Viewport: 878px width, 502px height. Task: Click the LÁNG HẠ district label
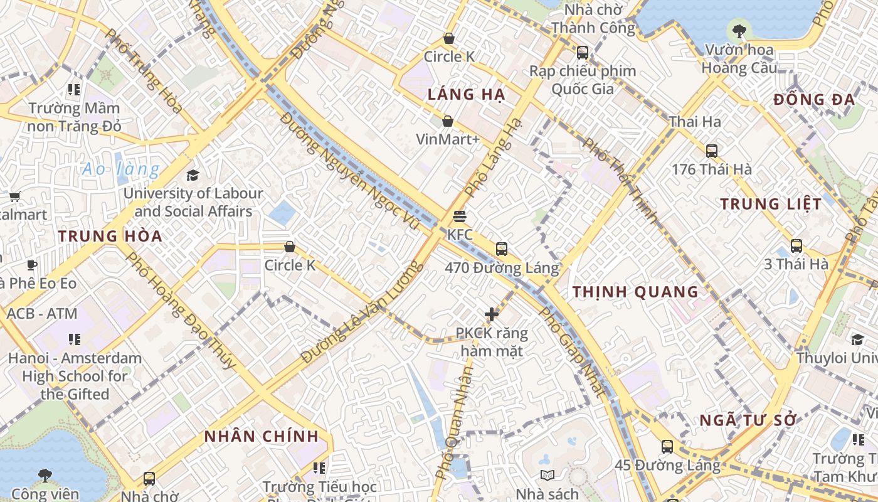tap(466, 95)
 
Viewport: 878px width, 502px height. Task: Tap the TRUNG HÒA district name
tap(110, 237)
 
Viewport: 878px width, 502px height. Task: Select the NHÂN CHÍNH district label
tap(262, 436)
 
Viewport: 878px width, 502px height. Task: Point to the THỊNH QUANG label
tap(635, 292)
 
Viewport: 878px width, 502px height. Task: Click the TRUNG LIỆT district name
tap(770, 204)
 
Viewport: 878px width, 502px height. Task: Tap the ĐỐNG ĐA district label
tap(814, 100)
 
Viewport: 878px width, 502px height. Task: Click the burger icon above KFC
tap(460, 217)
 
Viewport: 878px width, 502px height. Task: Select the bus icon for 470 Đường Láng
tap(501, 249)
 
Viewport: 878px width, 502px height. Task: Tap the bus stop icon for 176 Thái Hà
tap(711, 151)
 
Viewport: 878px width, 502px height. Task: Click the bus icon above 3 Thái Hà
tap(796, 246)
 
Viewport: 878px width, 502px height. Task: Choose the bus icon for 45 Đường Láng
tap(667, 447)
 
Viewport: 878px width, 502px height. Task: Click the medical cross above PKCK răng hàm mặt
tap(492, 314)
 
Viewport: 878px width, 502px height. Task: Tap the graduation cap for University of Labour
tap(193, 175)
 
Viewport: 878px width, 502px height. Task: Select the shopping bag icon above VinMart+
tap(448, 120)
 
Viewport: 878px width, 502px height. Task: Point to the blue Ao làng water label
tap(120, 169)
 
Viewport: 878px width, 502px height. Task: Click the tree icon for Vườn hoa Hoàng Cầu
tap(739, 29)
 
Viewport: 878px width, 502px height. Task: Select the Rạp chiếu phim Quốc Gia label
tap(583, 80)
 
